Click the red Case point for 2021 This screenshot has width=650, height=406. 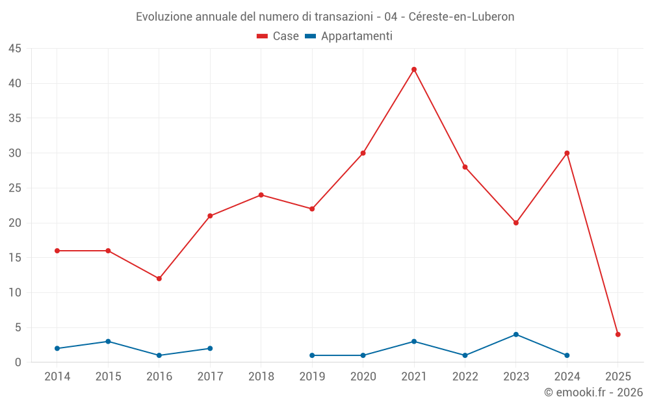(x=414, y=70)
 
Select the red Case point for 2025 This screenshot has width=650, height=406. (x=618, y=335)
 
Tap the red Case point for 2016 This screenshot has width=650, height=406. (x=159, y=279)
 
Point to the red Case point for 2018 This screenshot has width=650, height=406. (x=261, y=195)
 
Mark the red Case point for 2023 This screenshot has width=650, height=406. (x=516, y=223)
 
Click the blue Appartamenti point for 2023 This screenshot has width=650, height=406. (x=516, y=335)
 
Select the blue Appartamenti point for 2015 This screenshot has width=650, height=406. (x=108, y=342)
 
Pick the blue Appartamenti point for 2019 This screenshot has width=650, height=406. (x=312, y=355)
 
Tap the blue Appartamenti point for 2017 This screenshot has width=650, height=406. (x=210, y=348)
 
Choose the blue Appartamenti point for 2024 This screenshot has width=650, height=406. (x=567, y=355)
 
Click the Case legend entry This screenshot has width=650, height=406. (x=278, y=36)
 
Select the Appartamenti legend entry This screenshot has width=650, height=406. (x=349, y=36)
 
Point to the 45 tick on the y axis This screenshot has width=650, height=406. (x=15, y=49)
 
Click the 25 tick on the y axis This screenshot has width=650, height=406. (x=15, y=188)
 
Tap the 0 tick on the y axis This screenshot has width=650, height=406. (x=18, y=362)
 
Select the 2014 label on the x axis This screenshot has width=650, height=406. (x=57, y=377)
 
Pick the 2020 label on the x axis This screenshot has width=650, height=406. (x=363, y=377)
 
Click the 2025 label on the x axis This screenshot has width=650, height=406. (x=618, y=377)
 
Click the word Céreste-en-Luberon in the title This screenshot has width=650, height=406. (x=461, y=17)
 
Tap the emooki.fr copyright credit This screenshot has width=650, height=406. (x=593, y=392)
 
